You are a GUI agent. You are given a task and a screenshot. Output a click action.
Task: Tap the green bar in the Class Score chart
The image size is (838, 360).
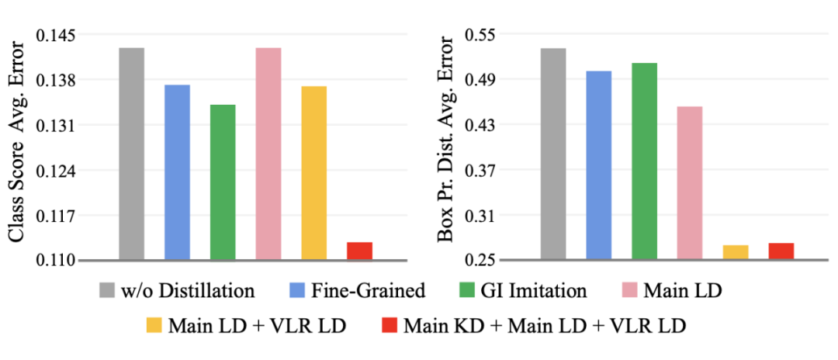223,182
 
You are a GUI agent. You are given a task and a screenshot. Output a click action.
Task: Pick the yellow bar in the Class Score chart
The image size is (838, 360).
314,172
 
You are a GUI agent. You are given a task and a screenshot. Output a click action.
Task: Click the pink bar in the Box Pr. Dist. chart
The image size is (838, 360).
690,182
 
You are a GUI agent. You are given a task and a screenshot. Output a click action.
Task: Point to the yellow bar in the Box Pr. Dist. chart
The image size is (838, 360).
735,252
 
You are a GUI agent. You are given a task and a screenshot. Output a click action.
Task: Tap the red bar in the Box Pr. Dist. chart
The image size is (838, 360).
781,251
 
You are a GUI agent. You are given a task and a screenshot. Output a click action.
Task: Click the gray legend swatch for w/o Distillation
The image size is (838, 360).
109,291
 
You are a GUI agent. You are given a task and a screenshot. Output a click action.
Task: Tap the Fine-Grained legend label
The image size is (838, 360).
369,291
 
